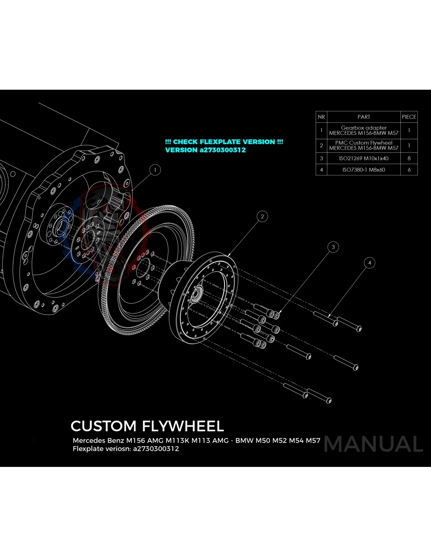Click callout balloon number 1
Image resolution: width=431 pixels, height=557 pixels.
pyautogui.click(x=155, y=170)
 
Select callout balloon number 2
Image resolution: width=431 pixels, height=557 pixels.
pyautogui.click(x=262, y=216)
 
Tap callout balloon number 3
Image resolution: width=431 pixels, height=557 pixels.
pyautogui.click(x=333, y=247)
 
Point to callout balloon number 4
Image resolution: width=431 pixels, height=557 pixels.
pyautogui.click(x=369, y=263)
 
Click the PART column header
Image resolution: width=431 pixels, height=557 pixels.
pyautogui.click(x=364, y=117)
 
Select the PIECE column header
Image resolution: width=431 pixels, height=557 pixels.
pyautogui.click(x=409, y=117)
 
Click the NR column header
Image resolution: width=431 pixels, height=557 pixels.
pyautogui.click(x=321, y=117)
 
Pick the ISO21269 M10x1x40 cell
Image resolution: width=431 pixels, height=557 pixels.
pyautogui.click(x=364, y=159)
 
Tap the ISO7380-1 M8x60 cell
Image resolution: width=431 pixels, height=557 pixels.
pyautogui.click(x=364, y=170)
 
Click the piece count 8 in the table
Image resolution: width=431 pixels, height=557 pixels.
pyautogui.click(x=409, y=159)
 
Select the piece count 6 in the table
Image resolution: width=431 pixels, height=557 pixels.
pyautogui.click(x=409, y=170)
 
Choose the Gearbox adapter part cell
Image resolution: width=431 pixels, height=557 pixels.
pyautogui.click(x=364, y=130)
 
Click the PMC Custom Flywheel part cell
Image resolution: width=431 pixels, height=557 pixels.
pyautogui.click(x=364, y=145)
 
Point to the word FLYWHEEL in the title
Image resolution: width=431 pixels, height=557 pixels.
pyautogui.click(x=183, y=426)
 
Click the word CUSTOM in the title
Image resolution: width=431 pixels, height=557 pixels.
pyautogui.click(x=103, y=426)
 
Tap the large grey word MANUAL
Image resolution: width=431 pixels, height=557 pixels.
pyautogui.click(x=373, y=444)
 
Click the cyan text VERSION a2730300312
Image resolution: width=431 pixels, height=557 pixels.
pyautogui.click(x=205, y=150)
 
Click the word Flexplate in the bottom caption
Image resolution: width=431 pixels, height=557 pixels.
pyautogui.click(x=88, y=449)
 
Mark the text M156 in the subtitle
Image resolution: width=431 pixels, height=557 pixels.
pyautogui.click(x=136, y=441)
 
